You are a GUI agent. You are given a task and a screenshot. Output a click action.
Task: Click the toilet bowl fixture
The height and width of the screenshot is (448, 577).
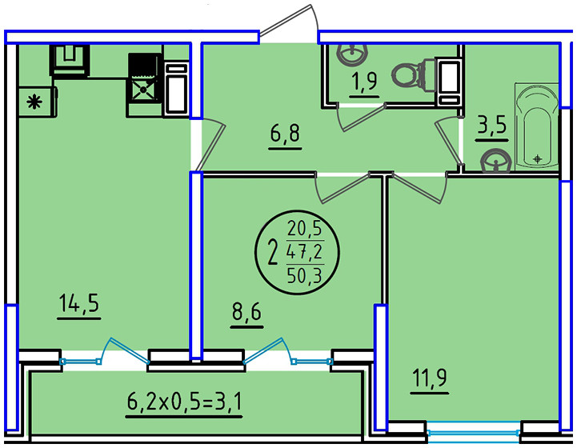pyautogui.click(x=410, y=76)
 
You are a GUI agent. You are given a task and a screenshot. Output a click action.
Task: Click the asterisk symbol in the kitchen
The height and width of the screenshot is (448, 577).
pyautogui.click(x=34, y=102)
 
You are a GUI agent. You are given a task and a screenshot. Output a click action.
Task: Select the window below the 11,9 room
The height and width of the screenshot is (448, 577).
pyautogui.click(x=475, y=436)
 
